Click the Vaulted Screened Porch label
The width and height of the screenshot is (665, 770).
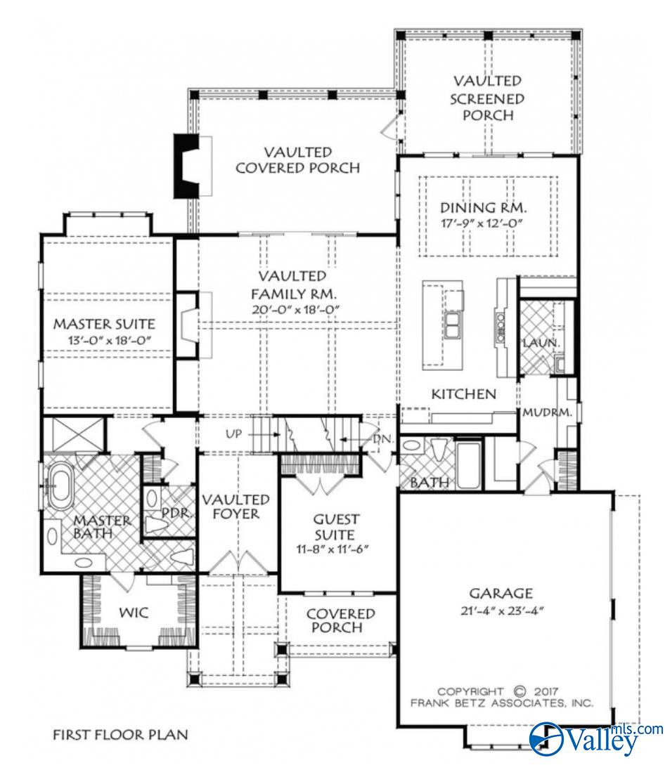[487, 98]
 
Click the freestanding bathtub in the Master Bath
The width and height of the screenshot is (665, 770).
[58, 485]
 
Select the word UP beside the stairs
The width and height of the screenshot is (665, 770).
[234, 433]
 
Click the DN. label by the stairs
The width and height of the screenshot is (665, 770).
[382, 439]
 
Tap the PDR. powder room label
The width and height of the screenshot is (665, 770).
[177, 512]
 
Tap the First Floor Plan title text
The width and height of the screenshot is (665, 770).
[120, 735]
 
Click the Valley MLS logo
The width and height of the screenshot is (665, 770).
[595, 739]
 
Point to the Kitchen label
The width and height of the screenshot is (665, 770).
[464, 393]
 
